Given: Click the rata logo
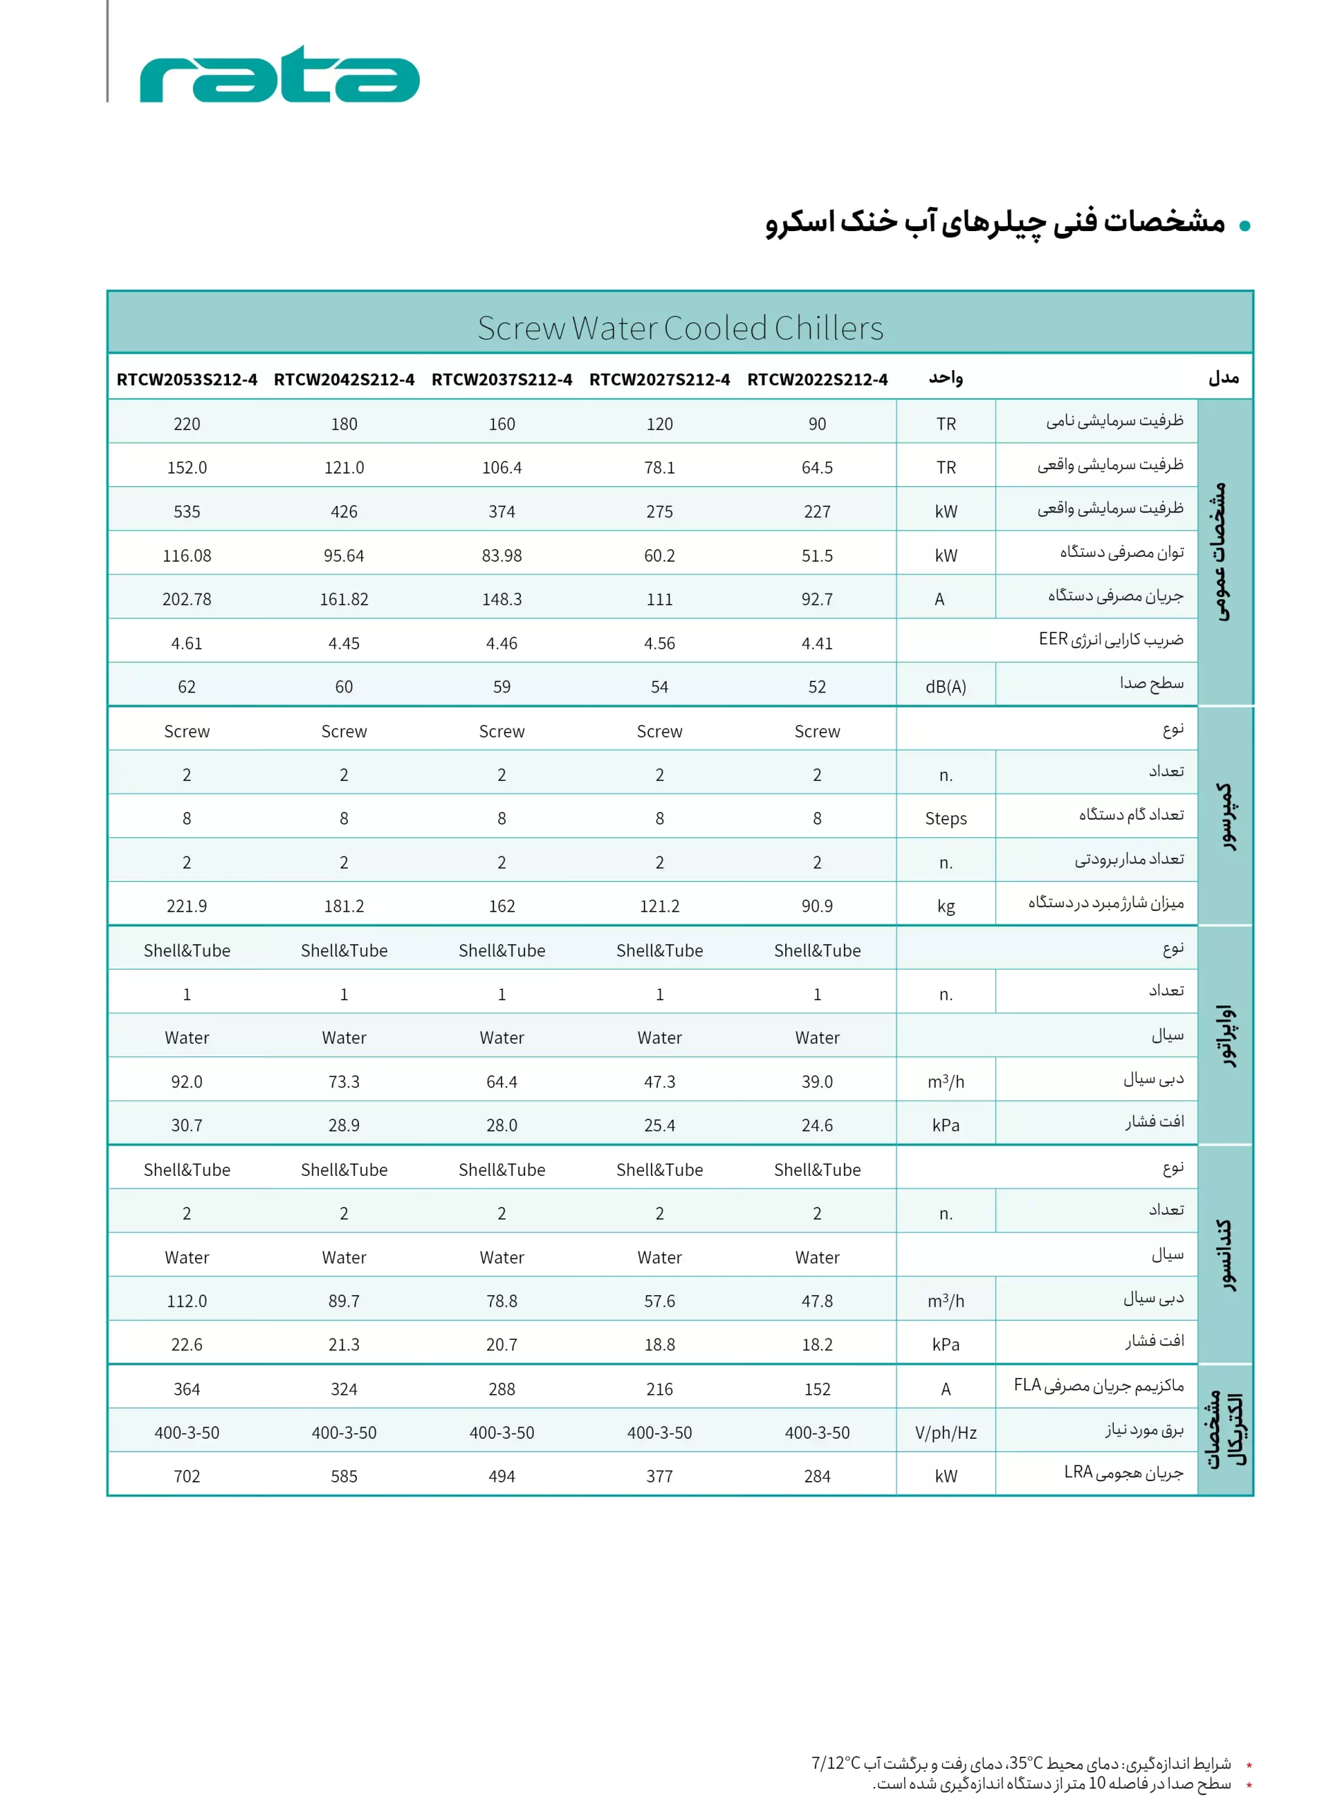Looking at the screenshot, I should (x=279, y=75).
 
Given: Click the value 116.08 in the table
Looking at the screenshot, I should (x=187, y=555).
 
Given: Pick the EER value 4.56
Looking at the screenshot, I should (x=659, y=644).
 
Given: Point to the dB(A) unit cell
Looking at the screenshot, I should (x=945, y=687).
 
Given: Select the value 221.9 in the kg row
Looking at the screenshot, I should (x=187, y=907).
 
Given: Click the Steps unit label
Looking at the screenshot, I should (x=945, y=818).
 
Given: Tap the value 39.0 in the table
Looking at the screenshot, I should (x=816, y=1082).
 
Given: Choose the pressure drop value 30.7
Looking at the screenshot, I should (x=187, y=1125).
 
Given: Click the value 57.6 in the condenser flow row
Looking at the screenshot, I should (x=659, y=1301).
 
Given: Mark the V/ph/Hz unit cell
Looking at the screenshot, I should (x=945, y=1432).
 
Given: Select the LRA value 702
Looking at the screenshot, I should (x=187, y=1476).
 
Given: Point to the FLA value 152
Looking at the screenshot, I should (x=816, y=1389).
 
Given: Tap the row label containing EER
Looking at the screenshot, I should (x=1110, y=640).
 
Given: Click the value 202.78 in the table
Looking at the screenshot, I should (x=187, y=599).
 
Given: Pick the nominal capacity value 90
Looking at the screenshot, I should (x=816, y=424).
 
